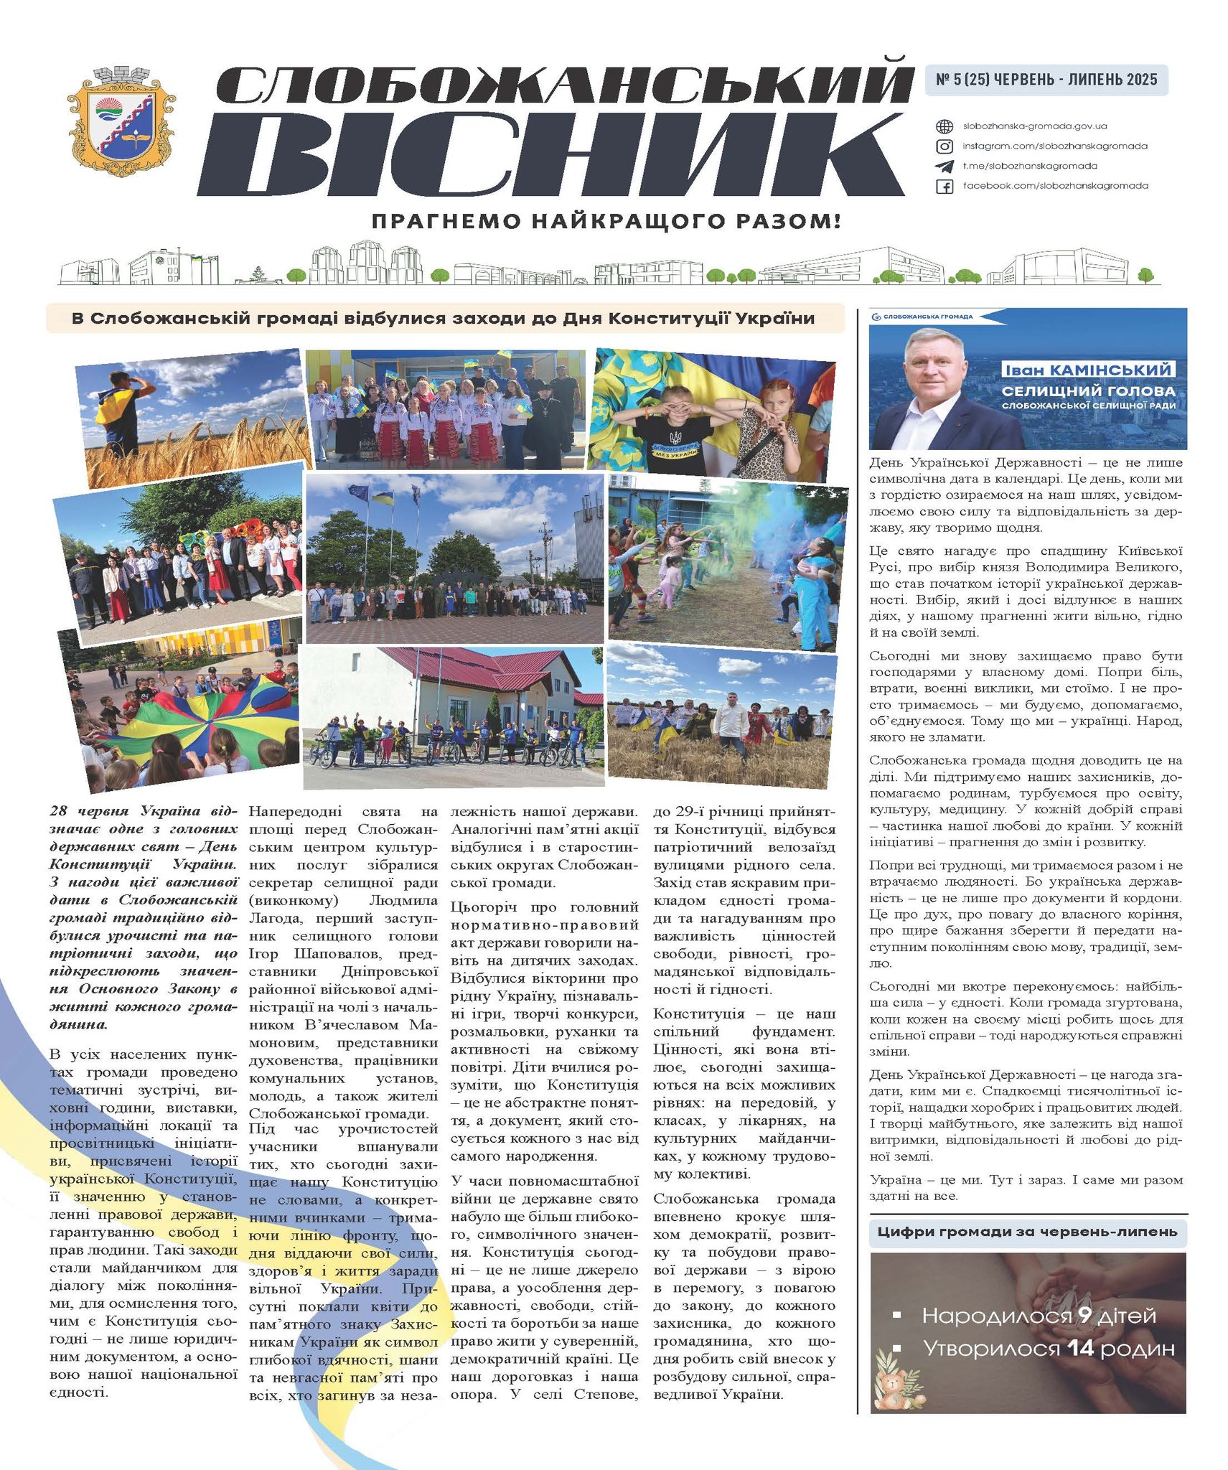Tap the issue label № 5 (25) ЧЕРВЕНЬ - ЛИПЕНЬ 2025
1046,80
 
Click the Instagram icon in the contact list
945,146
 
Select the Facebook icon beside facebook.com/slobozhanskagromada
945,187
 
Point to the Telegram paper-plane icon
945,167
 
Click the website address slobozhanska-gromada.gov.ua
1034,126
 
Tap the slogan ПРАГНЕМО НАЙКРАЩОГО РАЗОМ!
605,221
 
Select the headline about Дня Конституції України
443,318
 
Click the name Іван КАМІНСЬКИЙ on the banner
1087,370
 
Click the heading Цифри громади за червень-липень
1027,1232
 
